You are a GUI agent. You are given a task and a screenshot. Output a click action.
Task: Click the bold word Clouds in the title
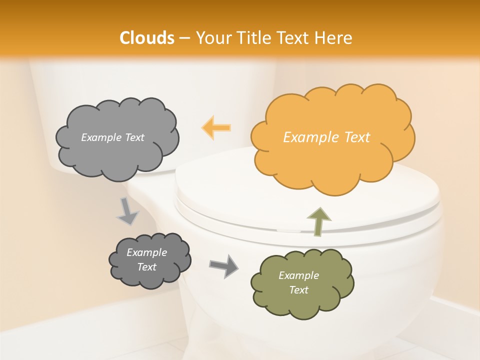pos(147,38)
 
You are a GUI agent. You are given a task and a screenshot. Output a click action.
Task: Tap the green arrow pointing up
pos(318,221)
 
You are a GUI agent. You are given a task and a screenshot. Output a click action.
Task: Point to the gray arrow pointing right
pos(224,265)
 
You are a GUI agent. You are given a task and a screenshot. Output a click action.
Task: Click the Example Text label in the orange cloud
pos(326,137)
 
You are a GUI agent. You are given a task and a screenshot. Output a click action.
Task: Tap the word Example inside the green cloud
pos(298,275)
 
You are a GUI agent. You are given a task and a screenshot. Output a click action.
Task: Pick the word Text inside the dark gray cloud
pos(147,267)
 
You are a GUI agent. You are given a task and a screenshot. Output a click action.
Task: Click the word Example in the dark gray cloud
pos(146,252)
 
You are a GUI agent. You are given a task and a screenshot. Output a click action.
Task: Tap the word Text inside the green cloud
pos(298,290)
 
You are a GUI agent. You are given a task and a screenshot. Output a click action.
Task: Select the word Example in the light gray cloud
pos(100,137)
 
